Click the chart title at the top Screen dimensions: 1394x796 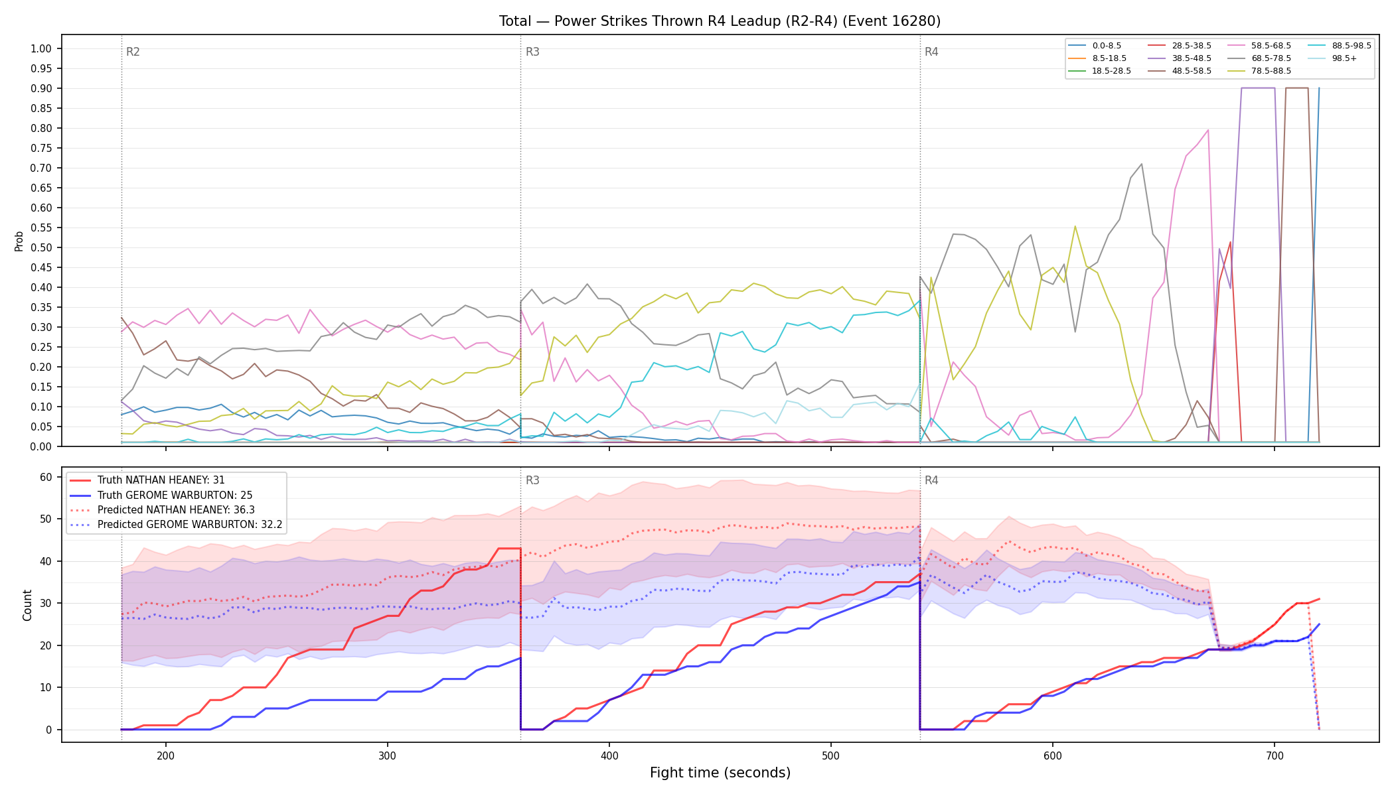pyautogui.click(x=720, y=21)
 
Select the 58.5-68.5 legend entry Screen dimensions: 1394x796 pyautogui.click(x=1261, y=46)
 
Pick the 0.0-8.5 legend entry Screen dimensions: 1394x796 pyautogui.click(x=1095, y=46)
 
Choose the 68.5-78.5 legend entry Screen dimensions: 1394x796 pyautogui.click(x=1261, y=58)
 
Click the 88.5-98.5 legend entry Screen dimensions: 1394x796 pyautogui.click(x=1340, y=46)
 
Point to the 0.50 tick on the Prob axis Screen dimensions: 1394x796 pyautogui.click(x=41, y=247)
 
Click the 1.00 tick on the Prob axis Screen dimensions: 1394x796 pyautogui.click(x=41, y=48)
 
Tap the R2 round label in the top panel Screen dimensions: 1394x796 pyautogui.click(x=133, y=52)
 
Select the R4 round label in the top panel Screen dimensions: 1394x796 pyautogui.click(x=931, y=52)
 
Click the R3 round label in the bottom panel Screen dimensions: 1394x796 pyautogui.click(x=532, y=480)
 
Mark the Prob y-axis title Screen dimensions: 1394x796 pyautogui.click(x=19, y=241)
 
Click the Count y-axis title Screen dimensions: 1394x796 pyautogui.click(x=27, y=605)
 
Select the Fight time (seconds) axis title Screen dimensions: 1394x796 pyautogui.click(x=720, y=773)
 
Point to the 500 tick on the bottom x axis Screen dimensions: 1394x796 pyautogui.click(x=831, y=756)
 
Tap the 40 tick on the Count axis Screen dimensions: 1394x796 pyautogui.click(x=46, y=561)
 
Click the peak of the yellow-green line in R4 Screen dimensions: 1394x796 pyautogui.click(x=1075, y=226)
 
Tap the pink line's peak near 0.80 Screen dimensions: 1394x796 pyautogui.click(x=1207, y=130)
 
